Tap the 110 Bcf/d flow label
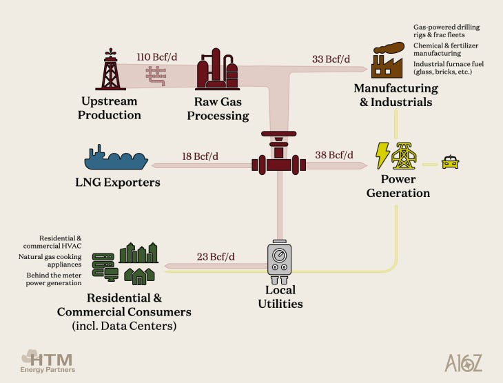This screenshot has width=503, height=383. pos(156,56)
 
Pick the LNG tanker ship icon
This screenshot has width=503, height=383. pos(116,159)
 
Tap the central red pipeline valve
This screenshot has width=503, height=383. pos(278,158)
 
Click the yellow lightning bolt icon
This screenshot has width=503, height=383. pos(382,155)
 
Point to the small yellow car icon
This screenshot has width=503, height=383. pos(449,163)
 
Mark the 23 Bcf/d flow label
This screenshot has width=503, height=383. pos(216,257)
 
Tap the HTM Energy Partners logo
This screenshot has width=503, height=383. pos(48,360)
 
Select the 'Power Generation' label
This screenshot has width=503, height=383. pos(398,187)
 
